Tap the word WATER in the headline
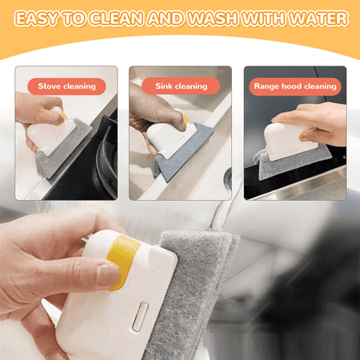318,18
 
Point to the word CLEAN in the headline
116,18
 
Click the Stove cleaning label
67,87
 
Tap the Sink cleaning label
181,86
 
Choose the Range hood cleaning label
295,87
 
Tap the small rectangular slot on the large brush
140,317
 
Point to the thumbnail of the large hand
108,274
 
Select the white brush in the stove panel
51,132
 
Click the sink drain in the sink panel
228,177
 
